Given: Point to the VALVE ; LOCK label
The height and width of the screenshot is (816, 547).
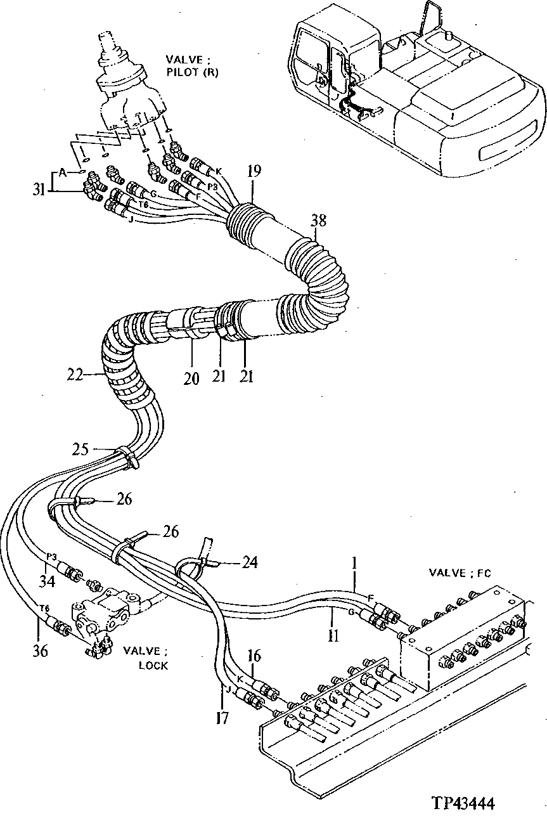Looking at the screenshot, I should (x=146, y=657).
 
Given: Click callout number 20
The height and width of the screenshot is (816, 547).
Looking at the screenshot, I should (x=191, y=379).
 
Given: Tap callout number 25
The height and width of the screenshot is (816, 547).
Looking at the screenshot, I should (x=80, y=450).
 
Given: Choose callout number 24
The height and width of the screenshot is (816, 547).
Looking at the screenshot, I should (x=250, y=562).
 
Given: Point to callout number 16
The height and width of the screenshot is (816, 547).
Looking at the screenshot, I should (x=253, y=656).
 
